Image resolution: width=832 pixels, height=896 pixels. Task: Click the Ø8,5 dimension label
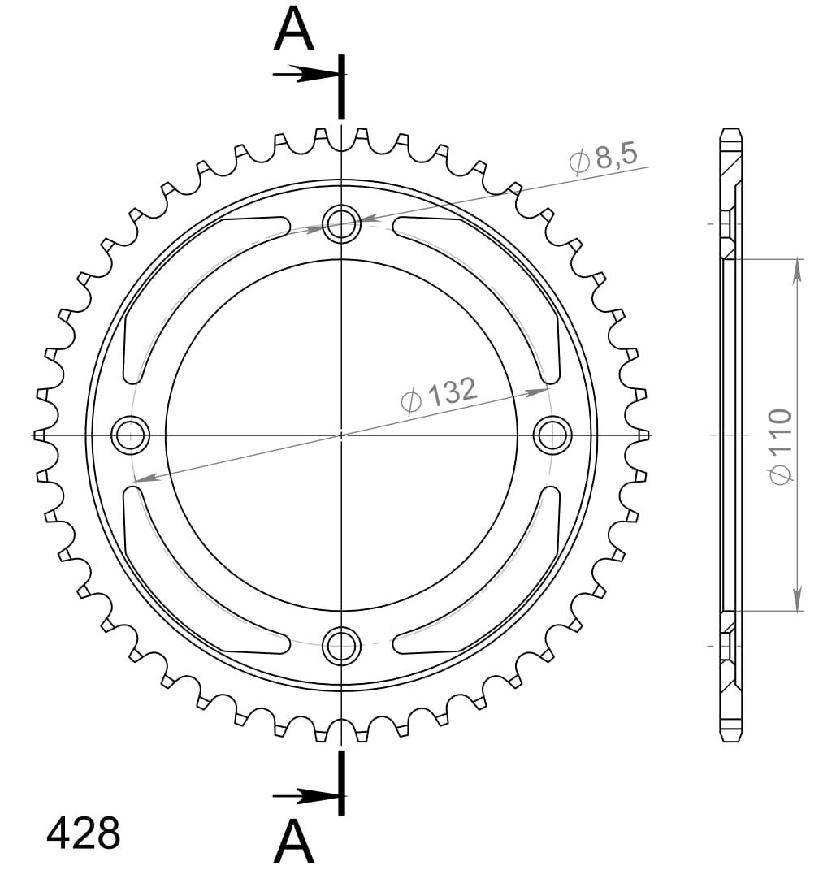pyautogui.click(x=603, y=157)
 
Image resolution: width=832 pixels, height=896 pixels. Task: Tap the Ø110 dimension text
pyautogui.click(x=781, y=446)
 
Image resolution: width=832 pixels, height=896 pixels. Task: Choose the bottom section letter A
pyautogui.click(x=293, y=843)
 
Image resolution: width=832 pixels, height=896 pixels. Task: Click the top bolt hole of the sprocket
pyautogui.click(x=341, y=224)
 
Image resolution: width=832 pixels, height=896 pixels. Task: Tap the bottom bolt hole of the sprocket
pyautogui.click(x=341, y=645)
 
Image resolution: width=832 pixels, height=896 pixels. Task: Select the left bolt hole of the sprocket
pyautogui.click(x=131, y=435)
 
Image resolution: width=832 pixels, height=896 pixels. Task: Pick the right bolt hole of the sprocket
pyautogui.click(x=552, y=435)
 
